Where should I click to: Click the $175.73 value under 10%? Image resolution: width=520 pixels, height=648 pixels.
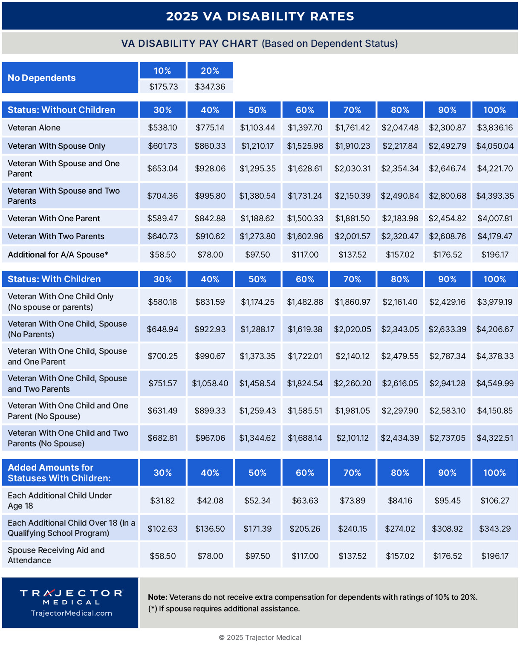point(163,87)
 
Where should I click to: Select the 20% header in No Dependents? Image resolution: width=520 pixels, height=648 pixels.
point(210,71)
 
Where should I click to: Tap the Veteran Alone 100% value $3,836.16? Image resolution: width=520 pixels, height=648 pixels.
point(494,127)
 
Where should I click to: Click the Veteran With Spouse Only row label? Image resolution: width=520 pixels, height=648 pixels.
point(56,146)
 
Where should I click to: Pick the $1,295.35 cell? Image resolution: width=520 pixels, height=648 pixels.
point(257,168)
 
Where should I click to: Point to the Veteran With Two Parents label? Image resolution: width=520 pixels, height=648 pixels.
point(56,236)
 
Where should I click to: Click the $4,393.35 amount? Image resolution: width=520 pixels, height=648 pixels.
point(494,196)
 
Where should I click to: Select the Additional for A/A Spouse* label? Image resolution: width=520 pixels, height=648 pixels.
point(58,255)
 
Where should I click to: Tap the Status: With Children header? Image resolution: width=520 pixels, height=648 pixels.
point(54,279)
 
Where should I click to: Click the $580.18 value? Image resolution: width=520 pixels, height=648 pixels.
point(162,302)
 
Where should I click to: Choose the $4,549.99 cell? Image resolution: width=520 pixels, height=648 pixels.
point(494,383)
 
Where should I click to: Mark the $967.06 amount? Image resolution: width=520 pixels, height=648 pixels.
point(210,438)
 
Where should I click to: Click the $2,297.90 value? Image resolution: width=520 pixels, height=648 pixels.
point(400,411)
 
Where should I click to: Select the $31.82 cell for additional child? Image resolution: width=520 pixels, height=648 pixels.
point(162,500)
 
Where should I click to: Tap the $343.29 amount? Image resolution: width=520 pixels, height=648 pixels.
point(494,529)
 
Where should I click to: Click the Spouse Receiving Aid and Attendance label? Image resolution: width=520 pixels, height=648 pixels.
point(56,555)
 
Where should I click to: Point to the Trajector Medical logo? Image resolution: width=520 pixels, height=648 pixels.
point(71,596)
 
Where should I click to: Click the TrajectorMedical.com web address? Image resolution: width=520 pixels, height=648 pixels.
point(71,613)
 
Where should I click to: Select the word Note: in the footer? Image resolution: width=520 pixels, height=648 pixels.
point(158,597)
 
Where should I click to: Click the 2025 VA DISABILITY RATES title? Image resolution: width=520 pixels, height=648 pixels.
point(260,16)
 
